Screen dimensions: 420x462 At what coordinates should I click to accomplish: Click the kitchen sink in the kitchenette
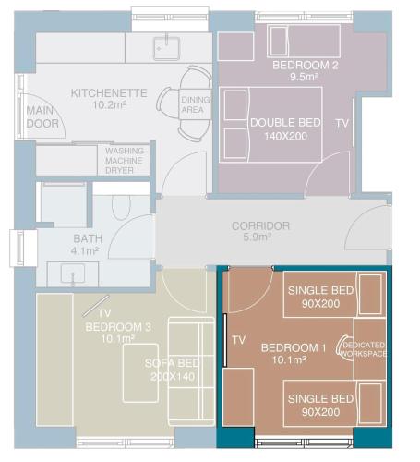(166, 48)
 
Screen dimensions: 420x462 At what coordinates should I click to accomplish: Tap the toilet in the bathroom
(121, 207)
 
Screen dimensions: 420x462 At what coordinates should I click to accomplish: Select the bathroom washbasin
(73, 274)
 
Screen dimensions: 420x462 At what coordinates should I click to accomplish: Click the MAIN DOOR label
(42, 117)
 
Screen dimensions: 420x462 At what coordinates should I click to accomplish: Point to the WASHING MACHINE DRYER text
(125, 161)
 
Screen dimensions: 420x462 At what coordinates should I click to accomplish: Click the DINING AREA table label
(195, 104)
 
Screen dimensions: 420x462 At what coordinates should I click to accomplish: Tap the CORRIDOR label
(260, 226)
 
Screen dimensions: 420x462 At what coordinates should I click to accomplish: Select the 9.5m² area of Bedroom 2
(304, 77)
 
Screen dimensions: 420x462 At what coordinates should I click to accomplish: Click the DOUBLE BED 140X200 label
(285, 129)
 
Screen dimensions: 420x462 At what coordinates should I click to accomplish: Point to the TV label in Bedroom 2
(342, 124)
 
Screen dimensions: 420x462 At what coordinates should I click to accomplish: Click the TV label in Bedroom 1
(239, 340)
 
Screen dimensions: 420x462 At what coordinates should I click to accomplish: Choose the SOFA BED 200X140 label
(173, 370)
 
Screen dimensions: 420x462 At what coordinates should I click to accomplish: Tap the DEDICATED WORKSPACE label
(364, 349)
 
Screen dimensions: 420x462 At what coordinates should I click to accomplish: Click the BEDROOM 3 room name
(118, 327)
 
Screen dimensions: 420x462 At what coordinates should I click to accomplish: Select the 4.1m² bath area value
(85, 250)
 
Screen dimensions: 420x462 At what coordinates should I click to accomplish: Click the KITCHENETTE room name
(109, 93)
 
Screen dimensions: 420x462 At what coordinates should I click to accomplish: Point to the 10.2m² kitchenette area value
(110, 105)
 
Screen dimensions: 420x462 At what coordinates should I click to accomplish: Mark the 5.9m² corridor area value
(258, 237)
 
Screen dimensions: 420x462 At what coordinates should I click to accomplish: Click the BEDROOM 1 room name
(294, 348)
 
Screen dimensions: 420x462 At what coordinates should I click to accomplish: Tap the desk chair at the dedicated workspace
(342, 347)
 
